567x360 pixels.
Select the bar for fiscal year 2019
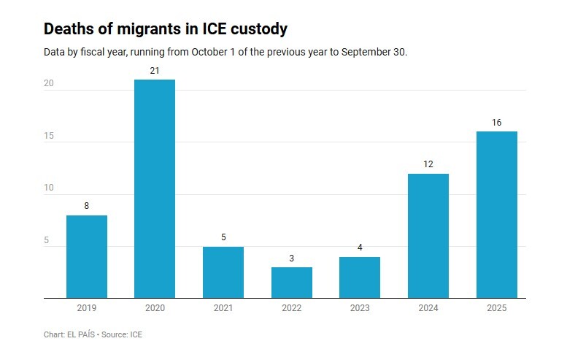(87, 256)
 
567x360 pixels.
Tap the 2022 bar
(291, 283)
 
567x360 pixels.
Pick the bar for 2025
(496, 215)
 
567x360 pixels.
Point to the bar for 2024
(428, 236)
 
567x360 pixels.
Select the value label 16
(496, 122)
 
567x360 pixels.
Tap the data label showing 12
(428, 164)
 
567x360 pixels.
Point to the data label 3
(291, 258)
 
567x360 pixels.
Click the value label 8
(87, 206)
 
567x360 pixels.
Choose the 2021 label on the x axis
(223, 309)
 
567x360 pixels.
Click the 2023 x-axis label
(360, 309)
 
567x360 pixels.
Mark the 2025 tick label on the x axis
(496, 309)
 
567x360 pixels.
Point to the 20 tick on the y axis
(49, 84)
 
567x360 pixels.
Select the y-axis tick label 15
(49, 136)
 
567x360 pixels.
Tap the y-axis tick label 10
(49, 188)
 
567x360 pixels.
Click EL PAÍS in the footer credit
(80, 334)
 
